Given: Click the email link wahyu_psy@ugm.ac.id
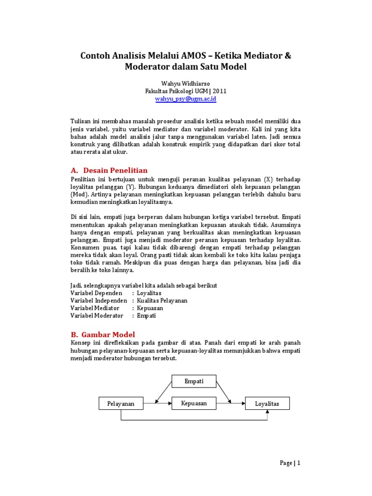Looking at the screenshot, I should tap(186, 99).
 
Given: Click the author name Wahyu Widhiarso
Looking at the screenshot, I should tap(186, 82).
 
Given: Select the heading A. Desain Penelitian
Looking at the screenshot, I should tap(109, 170).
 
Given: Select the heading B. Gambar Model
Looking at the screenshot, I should tap(103, 334).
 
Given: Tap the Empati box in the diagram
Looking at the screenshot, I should tap(194, 381).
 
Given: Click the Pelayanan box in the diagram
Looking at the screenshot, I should tap(121, 403).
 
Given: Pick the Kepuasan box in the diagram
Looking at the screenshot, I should tap(194, 403).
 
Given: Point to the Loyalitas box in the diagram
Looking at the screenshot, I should tap(267, 403).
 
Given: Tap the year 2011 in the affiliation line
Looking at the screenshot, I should tap(219, 91).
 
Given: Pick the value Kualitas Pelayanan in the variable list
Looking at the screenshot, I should tap(162, 300).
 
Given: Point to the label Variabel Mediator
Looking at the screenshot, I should tap(95, 308).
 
